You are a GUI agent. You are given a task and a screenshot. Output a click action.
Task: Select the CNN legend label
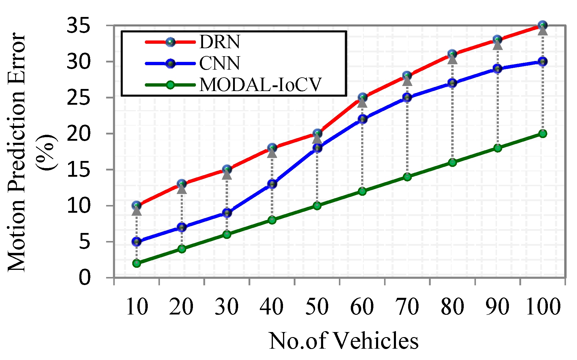pos(219,63)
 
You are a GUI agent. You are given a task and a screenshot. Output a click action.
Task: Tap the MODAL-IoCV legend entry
pos(260,85)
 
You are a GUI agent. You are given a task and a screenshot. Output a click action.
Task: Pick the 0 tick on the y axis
pos(84,278)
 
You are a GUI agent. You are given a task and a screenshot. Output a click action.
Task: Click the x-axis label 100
pos(543,306)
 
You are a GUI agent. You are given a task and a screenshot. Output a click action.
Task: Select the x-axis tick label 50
pos(317,306)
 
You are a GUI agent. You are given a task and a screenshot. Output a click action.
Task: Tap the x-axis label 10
pos(137,306)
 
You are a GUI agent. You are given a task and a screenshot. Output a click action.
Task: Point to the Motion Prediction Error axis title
pos(17,152)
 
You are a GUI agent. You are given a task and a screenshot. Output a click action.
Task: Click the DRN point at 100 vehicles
pos(543,26)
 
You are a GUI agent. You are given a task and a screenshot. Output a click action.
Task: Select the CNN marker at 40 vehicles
pos(272,184)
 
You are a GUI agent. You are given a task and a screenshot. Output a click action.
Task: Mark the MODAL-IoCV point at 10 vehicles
pos(137,263)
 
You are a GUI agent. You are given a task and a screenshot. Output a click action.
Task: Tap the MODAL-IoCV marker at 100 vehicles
pos(543,134)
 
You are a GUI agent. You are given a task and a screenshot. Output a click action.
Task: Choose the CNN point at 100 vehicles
pos(543,62)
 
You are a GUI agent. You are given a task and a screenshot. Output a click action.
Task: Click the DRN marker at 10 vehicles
pos(137,206)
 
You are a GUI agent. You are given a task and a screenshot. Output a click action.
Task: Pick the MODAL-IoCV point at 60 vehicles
pos(362,191)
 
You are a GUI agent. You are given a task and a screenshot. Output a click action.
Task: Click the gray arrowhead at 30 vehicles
pos(227,175)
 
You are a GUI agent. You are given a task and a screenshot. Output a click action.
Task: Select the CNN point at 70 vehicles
pos(407,98)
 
